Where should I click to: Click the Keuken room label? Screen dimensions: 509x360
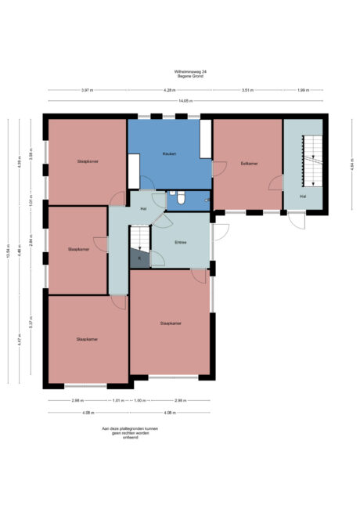[169, 153]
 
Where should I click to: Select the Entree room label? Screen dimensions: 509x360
[181, 242]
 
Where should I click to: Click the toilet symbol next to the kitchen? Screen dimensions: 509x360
[181, 199]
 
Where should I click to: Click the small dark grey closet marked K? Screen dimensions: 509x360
[139, 258]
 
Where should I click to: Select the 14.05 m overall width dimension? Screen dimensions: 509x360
[185, 100]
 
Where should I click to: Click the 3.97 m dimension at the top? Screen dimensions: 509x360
[87, 91]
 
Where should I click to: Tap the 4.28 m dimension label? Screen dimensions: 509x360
[168, 91]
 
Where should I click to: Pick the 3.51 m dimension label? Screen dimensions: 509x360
[248, 91]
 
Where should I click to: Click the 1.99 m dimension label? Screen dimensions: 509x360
[302, 91]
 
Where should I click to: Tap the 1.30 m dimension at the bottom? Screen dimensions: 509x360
[139, 400]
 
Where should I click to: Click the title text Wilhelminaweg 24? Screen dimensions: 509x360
[185, 71]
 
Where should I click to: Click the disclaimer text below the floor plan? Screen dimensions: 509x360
[120, 433]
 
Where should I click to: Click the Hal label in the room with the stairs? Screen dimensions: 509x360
[302, 196]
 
